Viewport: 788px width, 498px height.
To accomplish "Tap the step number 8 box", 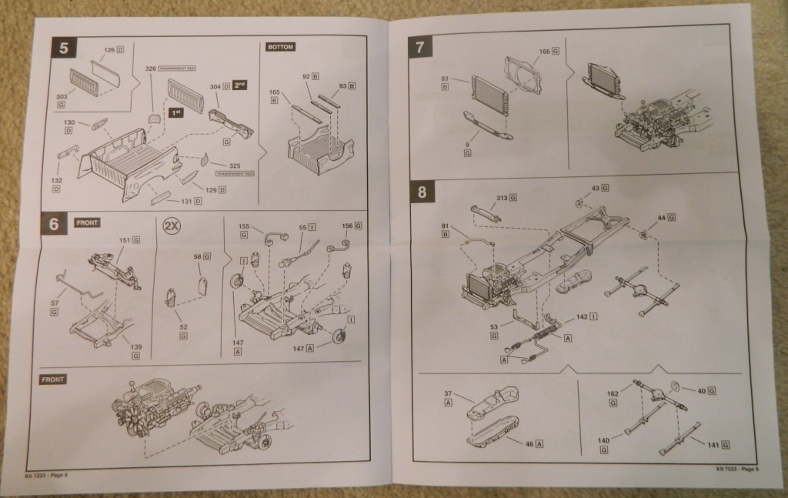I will pos(420,191).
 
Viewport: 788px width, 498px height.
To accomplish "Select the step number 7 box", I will pos(419,47).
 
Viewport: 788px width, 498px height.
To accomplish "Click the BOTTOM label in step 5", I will pos(281,46).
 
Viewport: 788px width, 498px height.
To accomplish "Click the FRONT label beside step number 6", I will pos(87,223).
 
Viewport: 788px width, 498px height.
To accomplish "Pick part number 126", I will pos(109,50).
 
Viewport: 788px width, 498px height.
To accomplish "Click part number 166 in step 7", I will pos(544,51).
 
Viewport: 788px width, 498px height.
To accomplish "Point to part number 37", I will pos(448,395).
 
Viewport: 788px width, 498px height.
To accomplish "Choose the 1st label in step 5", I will pos(175,112).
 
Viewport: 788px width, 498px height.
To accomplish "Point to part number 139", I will pos(135,347).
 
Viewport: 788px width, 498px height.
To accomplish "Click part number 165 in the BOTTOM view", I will pos(275,92).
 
